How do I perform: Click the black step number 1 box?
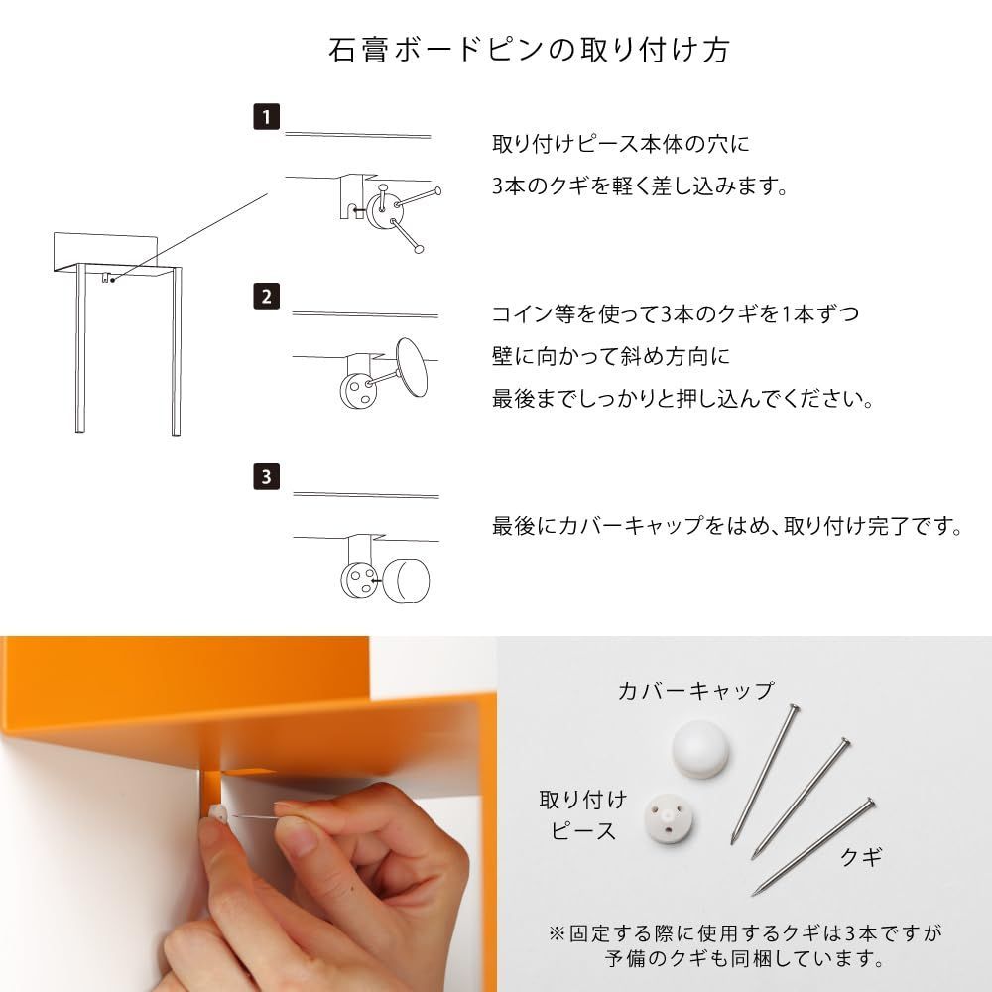click(265, 116)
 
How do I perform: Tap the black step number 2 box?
click(265, 296)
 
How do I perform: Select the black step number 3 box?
click(265, 476)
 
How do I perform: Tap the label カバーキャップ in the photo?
click(694, 691)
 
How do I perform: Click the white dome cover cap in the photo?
click(699, 748)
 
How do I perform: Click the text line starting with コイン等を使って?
click(676, 314)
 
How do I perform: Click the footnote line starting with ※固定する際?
click(744, 933)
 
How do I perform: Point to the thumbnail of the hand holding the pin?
click(248, 813)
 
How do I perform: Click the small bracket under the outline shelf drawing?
click(105, 277)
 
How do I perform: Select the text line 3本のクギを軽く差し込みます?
click(641, 186)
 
